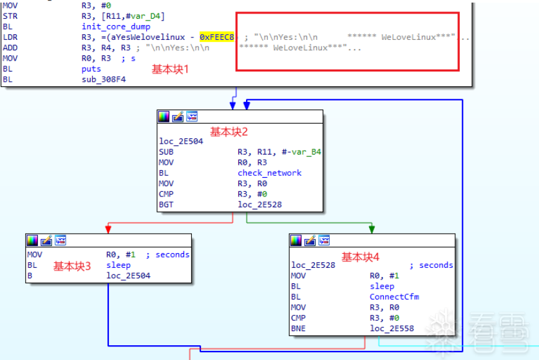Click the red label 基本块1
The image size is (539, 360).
170,69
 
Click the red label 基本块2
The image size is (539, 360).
229,131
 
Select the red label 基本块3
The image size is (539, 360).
72,265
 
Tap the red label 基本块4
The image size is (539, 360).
360,257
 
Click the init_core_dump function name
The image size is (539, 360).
116,26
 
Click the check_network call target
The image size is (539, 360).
269,173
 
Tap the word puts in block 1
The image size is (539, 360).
91,69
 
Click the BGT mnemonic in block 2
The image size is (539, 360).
166,204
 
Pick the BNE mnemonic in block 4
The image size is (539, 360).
298,328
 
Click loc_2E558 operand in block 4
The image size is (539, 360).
392,328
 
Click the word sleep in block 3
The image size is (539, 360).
118,265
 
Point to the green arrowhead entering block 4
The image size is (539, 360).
372,229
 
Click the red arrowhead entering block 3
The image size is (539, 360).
108,229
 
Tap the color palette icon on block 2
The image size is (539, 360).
164,117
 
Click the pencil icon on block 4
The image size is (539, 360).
310,240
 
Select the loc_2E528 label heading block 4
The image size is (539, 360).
313,265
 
